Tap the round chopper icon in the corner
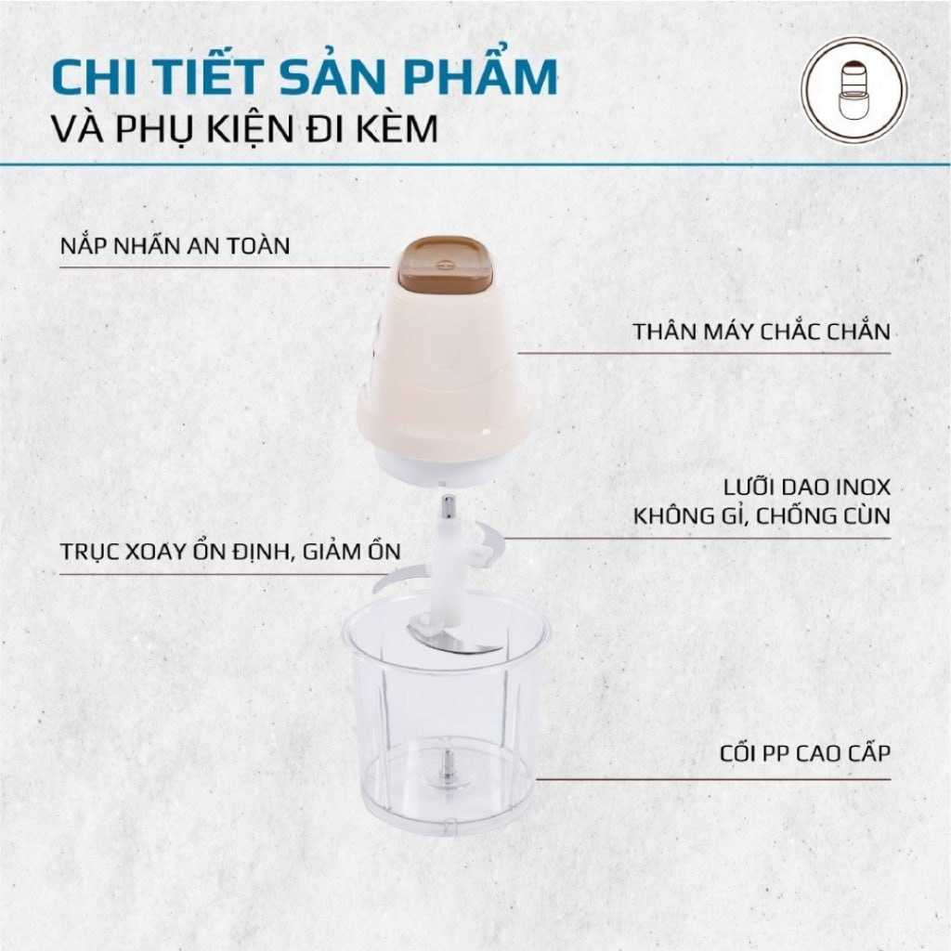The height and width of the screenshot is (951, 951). point(854,90)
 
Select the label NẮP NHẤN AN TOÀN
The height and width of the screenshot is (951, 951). point(175,245)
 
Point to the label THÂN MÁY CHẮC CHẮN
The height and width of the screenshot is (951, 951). point(762,332)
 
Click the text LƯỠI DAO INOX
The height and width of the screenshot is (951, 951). point(807,487)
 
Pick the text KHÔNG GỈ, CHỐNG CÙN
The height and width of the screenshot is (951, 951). point(762,516)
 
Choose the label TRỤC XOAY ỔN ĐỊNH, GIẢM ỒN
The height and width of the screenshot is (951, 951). point(230,552)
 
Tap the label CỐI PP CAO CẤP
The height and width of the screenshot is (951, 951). point(805,752)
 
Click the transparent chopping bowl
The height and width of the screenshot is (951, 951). point(446,716)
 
